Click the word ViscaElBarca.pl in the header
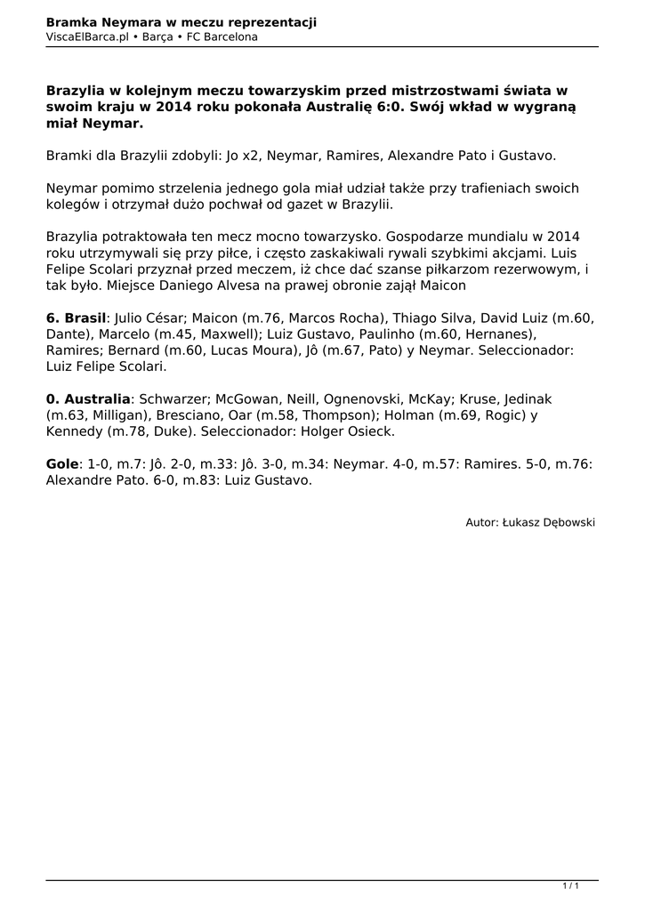tap(87, 37)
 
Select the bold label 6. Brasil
tap(76, 318)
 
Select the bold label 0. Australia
tap(87, 399)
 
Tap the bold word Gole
tap(62, 464)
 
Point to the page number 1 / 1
tap(570, 885)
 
